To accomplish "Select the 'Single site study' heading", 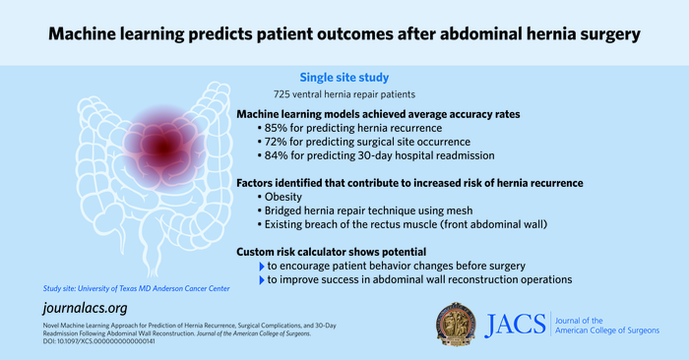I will tap(344, 76).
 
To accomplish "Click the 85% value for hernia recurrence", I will tap(279, 128).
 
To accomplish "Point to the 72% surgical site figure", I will tap(279, 142).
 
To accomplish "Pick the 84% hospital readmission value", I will tap(279, 155).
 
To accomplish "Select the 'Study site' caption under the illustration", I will tap(137, 287).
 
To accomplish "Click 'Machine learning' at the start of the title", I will tap(128, 34).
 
